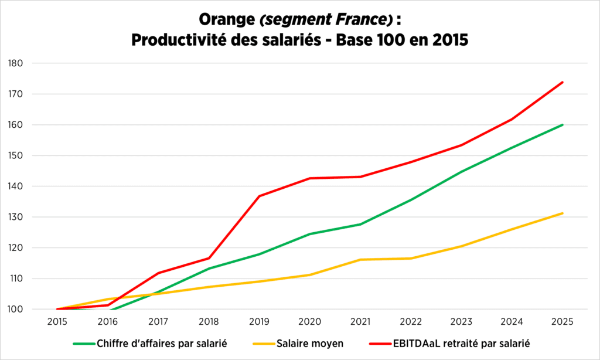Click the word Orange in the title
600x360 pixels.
tap(225, 20)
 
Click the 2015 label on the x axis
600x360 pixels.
tap(57, 322)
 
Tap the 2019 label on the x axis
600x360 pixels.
tap(259, 322)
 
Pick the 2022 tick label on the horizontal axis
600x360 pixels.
tap(411, 322)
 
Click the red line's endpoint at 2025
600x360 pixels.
tap(562, 82)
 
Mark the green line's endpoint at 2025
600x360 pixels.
tap(562, 124)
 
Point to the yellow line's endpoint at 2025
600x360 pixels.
tap(562, 213)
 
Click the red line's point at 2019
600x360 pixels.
tap(259, 196)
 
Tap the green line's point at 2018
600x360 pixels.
tap(209, 269)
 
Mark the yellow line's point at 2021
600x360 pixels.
tap(360, 259)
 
